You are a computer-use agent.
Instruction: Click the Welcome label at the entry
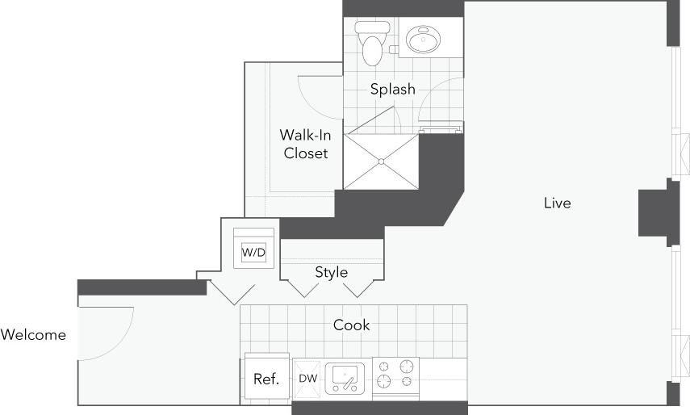coord(33,334)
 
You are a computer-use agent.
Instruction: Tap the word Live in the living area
coord(557,203)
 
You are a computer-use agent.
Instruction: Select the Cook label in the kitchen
coord(352,325)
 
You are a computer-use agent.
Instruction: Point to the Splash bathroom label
coord(392,89)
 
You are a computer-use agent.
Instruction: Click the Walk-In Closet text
coord(306,144)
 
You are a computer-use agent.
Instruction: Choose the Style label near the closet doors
coord(331,272)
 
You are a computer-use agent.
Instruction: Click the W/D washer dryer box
coord(253,252)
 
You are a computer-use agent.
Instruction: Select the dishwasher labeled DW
coord(307,378)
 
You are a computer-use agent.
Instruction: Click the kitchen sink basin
coord(345,377)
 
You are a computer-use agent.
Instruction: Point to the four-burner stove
coord(396,372)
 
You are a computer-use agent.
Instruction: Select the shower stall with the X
coord(381,161)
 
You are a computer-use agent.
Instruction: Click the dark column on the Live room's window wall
coord(654,214)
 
